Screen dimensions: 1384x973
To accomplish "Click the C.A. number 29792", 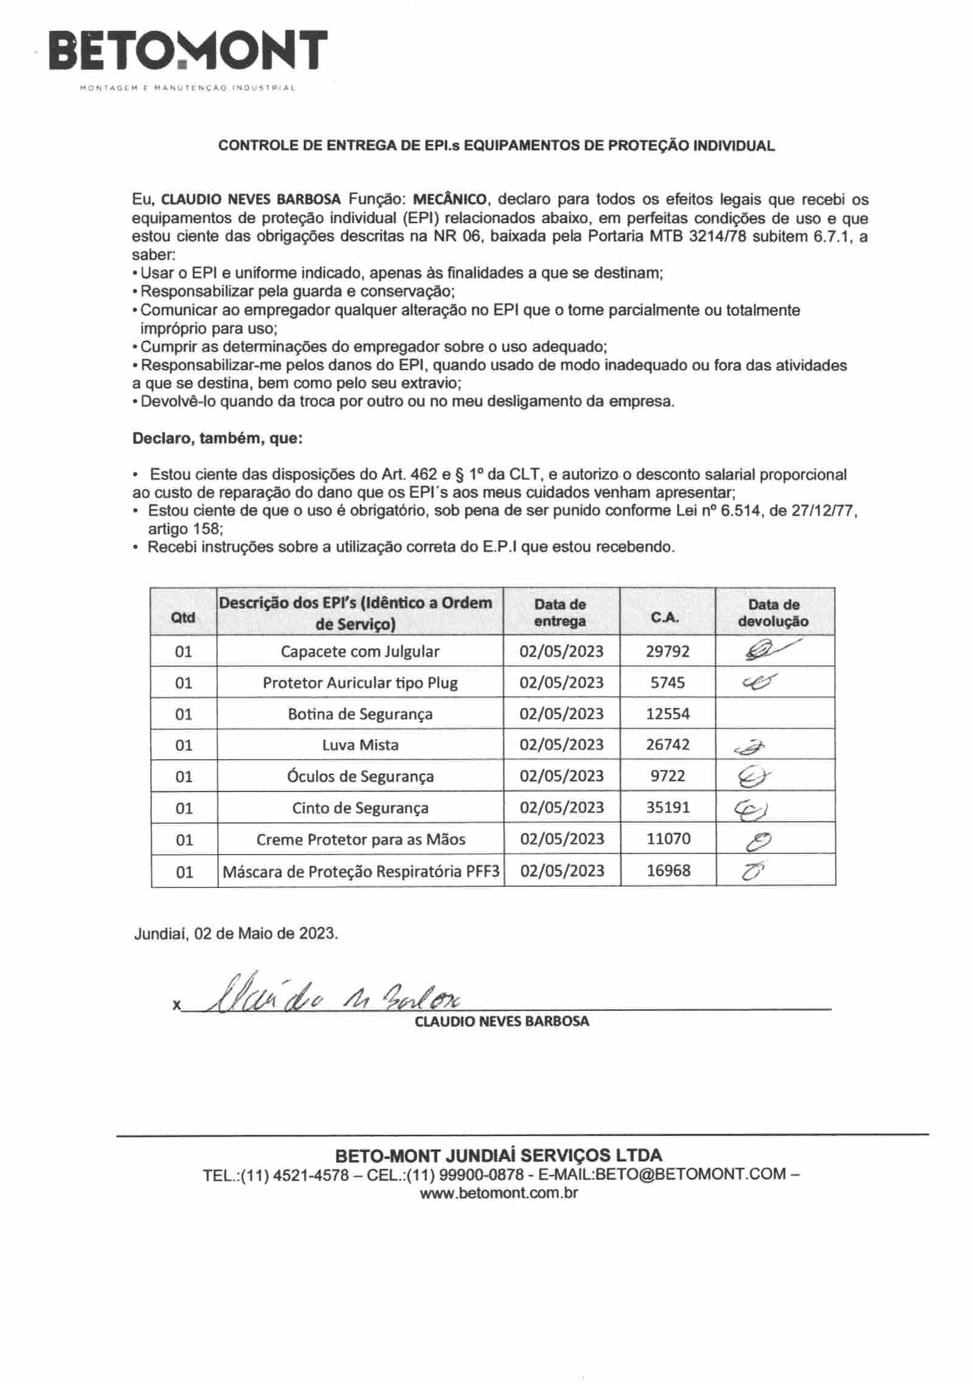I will tap(668, 652).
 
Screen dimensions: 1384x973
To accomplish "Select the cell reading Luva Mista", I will tap(360, 745).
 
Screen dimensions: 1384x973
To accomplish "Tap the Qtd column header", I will tap(183, 618).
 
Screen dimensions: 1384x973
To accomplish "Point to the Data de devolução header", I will tap(774, 613).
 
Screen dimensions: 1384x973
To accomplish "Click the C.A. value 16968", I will tap(668, 870).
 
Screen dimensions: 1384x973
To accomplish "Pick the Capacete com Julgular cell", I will tap(360, 652).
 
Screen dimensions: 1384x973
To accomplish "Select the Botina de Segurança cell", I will tap(360, 714).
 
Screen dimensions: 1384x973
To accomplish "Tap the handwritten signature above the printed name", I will tap(331, 996).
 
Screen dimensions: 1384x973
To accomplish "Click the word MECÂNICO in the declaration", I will tap(449, 199).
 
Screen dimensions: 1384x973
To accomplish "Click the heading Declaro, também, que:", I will tap(217, 438).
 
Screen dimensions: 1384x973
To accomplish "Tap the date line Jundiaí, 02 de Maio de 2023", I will tap(236, 933).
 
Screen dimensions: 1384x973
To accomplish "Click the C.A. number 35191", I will tap(668, 807).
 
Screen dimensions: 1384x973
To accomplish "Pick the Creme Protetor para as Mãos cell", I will tap(361, 839).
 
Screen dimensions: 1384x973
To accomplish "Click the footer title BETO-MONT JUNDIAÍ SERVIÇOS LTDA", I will tap(499, 1155).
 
